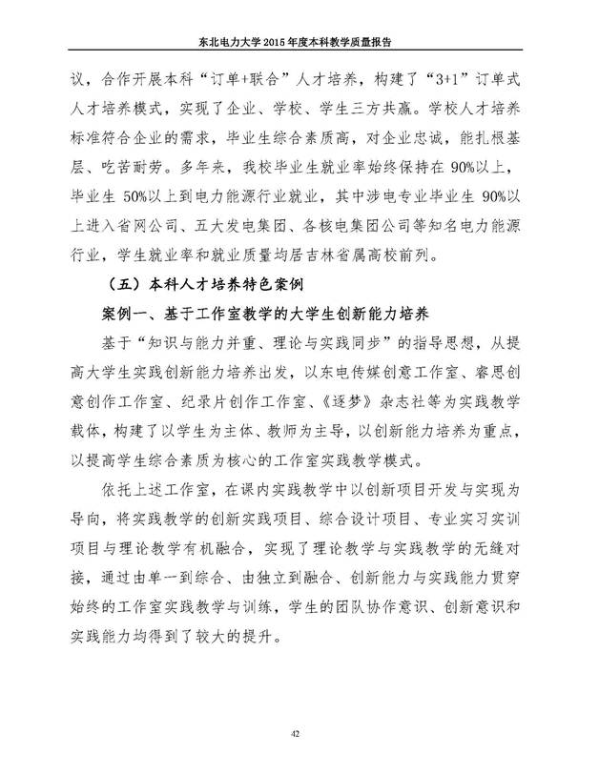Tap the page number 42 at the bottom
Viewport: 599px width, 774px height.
coord(299,730)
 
